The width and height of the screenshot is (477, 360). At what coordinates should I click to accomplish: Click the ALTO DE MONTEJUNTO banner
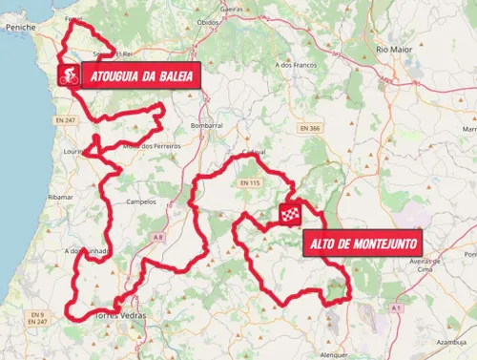364,244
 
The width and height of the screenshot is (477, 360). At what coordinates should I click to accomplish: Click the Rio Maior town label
393,48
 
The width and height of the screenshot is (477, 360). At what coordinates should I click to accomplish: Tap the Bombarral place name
206,125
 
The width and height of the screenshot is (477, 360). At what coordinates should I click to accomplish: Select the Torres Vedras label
121,316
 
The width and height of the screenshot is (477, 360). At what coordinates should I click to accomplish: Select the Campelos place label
139,202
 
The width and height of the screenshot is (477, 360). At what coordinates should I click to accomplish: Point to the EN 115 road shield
249,181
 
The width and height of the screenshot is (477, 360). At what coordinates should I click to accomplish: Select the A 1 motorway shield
393,309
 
